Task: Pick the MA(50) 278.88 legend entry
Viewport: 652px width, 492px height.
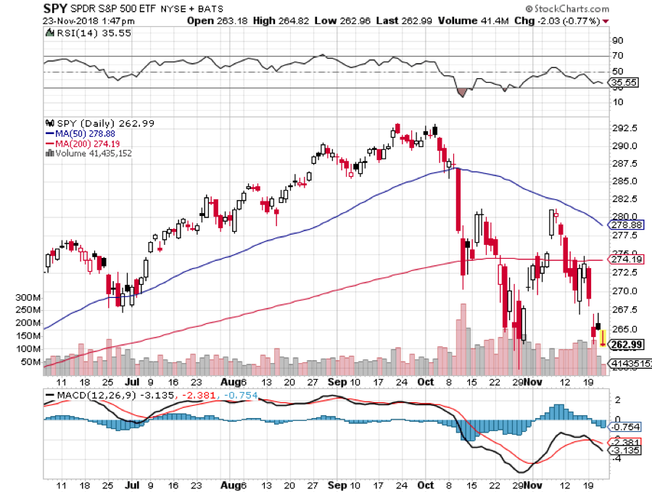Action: coord(79,134)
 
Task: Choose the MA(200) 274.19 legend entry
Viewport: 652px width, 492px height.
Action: coord(81,143)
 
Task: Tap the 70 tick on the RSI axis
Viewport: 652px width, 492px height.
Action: coord(619,56)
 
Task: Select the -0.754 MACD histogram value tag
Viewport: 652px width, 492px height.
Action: coord(625,427)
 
